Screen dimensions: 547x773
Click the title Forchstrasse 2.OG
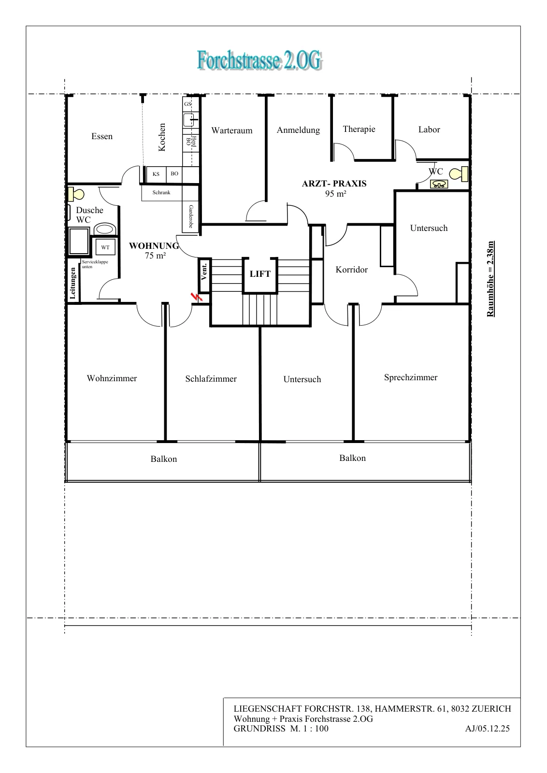[260, 60]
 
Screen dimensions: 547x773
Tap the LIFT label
[260, 274]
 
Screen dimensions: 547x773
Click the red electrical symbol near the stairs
[196, 297]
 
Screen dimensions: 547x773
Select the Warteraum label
[232, 130]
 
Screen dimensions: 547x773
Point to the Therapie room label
[359, 129]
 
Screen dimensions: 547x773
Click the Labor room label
[429, 130]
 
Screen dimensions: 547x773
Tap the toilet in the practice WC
[459, 174]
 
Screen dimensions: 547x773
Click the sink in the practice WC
[439, 184]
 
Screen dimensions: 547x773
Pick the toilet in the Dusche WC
[76, 194]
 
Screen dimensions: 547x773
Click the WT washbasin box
[105, 247]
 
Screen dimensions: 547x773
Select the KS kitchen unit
[156, 174]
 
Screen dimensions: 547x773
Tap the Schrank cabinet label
[161, 193]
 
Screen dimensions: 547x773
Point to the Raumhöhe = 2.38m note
[490, 279]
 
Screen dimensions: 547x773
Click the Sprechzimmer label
[411, 378]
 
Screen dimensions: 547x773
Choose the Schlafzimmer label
[211, 379]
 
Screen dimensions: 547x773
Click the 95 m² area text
[335, 194]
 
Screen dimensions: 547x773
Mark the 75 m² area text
[155, 256]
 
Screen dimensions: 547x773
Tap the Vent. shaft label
[204, 272]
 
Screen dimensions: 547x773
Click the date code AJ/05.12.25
[487, 728]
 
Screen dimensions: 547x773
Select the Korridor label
[351, 270]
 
